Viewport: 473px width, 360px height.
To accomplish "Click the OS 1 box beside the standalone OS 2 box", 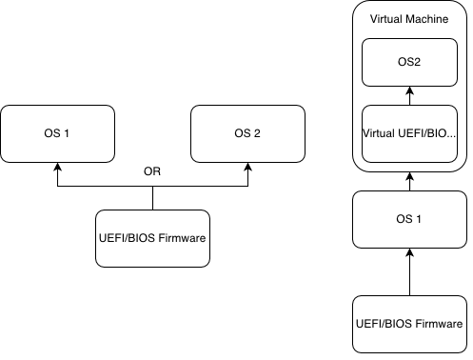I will (57, 133).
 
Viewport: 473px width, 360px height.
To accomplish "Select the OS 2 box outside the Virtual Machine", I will (247, 133).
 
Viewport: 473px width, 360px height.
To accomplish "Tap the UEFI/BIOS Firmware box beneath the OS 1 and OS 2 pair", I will (152, 238).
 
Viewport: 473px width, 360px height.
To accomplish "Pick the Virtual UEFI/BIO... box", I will (408, 133).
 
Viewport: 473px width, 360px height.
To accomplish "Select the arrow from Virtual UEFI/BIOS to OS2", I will (408, 99).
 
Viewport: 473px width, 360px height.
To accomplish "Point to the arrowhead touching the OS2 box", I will (408, 91).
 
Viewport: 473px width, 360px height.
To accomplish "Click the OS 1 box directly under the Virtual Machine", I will (408, 219).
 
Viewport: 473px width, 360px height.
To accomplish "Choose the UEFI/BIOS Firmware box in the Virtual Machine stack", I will (408, 324).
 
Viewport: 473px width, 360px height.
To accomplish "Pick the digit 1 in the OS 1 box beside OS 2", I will (67, 133).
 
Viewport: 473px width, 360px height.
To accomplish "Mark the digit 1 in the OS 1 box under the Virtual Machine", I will (418, 219).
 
